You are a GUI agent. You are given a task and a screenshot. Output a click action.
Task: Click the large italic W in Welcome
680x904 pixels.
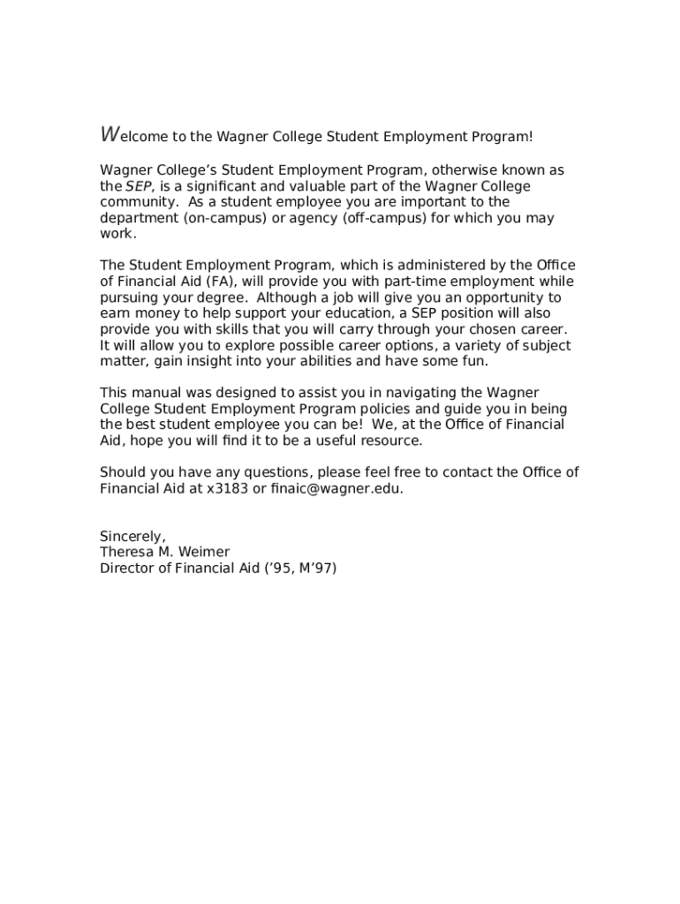coord(110,135)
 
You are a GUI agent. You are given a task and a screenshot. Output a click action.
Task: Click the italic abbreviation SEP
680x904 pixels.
coord(138,186)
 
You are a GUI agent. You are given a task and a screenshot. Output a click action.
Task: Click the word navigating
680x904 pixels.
coord(421,393)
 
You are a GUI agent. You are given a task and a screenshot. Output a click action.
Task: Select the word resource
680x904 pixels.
coord(392,441)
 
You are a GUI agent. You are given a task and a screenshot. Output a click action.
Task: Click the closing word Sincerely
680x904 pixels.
coord(132,536)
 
